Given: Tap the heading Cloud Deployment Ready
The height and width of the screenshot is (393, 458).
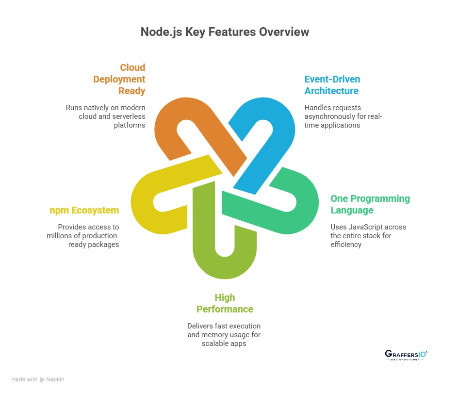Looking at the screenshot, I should click(126, 79).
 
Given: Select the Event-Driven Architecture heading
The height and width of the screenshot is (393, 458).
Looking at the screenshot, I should click(332, 85).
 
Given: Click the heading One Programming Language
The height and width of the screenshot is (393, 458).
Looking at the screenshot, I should click(370, 204).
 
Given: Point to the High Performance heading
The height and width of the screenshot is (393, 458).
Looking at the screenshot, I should click(225, 303).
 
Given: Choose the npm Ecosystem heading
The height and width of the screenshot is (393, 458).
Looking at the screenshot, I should click(84, 210).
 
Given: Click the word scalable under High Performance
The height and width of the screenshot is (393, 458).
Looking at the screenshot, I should click(214, 344).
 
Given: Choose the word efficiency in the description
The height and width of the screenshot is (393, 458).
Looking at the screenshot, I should click(346, 245).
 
